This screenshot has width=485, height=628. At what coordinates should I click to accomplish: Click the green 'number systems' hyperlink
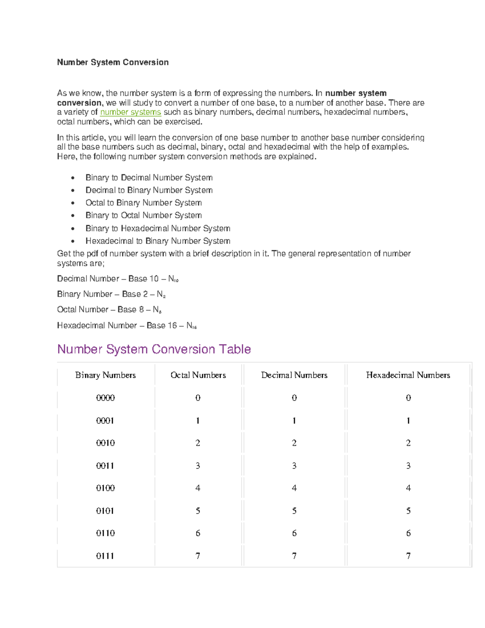(130, 112)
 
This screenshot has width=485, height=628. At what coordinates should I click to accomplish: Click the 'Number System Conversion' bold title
(113, 62)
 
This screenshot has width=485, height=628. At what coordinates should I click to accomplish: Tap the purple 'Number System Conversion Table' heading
(154, 349)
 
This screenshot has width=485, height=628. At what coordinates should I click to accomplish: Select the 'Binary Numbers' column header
(105, 375)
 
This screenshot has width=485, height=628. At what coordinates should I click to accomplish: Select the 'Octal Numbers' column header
(198, 375)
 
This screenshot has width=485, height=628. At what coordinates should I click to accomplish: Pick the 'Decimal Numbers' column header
(294, 375)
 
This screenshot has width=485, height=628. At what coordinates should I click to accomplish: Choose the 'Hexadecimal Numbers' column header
(408, 375)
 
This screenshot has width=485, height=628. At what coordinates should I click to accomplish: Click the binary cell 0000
(105, 398)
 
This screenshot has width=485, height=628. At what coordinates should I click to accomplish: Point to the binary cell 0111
(105, 556)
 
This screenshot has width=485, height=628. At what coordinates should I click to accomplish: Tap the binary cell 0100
(105, 488)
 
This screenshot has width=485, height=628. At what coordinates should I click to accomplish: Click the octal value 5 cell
(198, 511)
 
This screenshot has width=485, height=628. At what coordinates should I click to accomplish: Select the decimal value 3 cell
(294, 466)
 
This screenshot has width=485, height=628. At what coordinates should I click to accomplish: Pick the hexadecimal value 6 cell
(408, 533)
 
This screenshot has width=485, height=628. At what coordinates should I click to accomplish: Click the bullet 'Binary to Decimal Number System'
(149, 178)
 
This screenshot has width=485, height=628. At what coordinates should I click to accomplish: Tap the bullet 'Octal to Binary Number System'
(143, 203)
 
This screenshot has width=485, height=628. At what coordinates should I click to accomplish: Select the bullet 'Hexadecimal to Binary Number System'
(158, 241)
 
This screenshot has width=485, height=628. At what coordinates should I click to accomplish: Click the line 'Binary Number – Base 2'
(111, 294)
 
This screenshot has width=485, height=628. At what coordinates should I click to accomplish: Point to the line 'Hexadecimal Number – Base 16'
(127, 326)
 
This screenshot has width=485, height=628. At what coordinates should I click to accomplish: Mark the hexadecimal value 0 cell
(408, 398)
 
